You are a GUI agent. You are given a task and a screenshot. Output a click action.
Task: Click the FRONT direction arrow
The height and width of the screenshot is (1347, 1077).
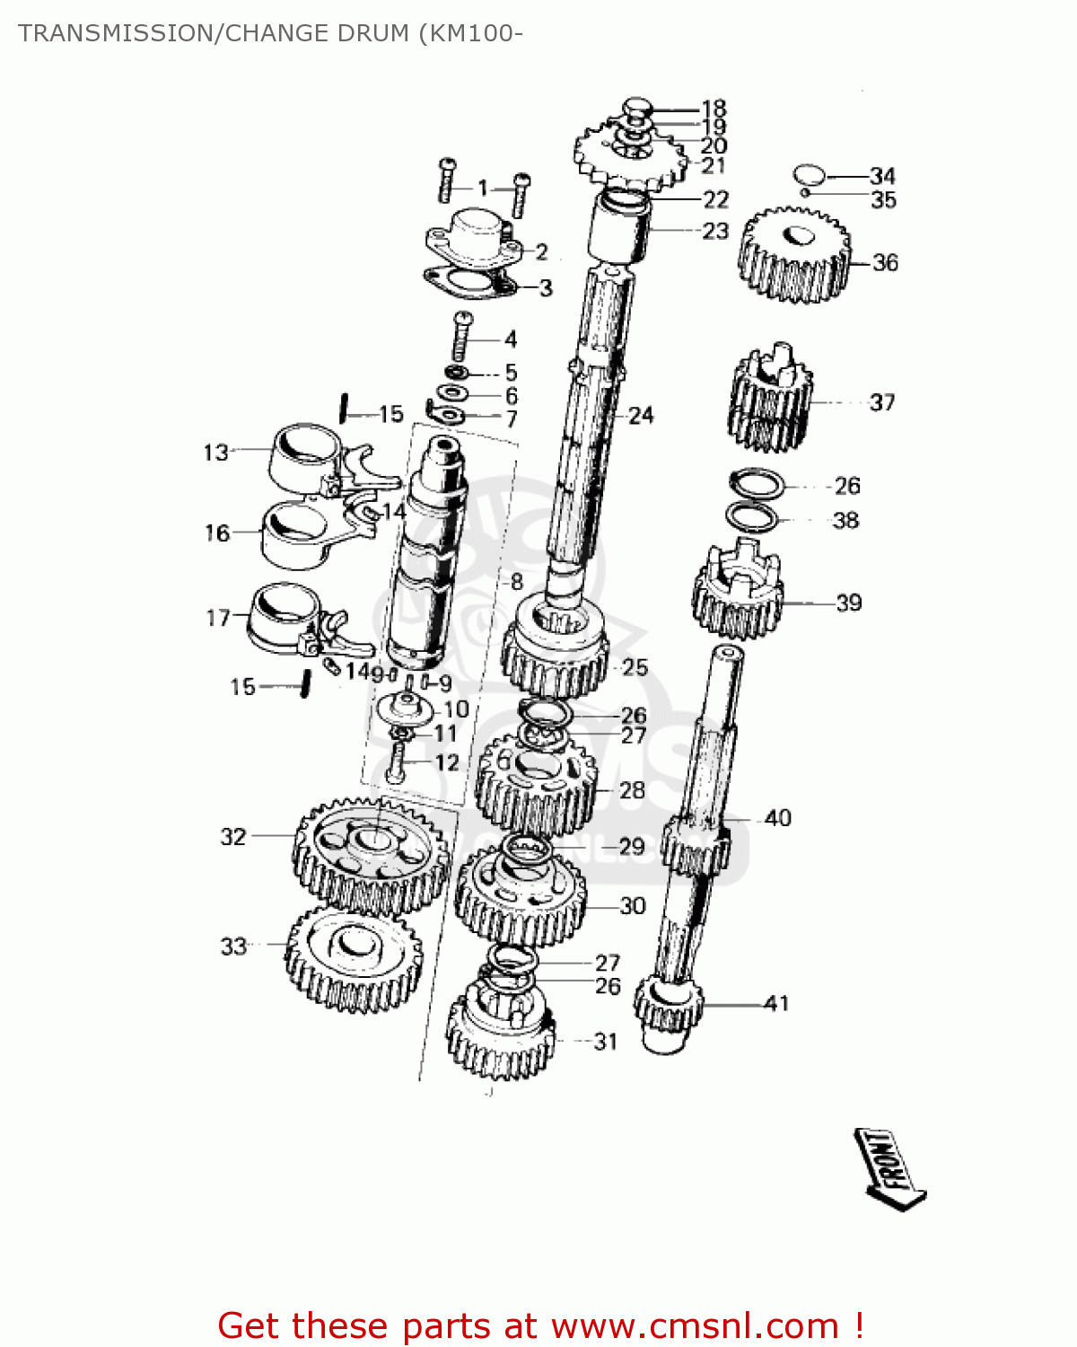click(889, 1169)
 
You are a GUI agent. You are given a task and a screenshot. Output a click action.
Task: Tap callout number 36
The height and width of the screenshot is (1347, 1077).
click(885, 262)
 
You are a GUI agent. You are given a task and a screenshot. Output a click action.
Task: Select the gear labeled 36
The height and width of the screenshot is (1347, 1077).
click(793, 255)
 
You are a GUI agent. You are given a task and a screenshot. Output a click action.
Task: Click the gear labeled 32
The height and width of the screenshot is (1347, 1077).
click(371, 854)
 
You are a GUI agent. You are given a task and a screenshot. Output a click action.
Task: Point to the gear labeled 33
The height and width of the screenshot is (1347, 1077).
click(354, 958)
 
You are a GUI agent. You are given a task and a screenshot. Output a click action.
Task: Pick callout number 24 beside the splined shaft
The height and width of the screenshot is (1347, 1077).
click(641, 415)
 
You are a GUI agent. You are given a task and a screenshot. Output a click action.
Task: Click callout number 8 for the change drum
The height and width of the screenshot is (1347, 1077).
click(515, 581)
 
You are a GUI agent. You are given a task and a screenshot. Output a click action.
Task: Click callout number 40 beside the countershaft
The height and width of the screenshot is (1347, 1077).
click(777, 817)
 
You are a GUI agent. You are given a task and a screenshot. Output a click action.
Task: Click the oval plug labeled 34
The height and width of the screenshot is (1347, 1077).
click(808, 174)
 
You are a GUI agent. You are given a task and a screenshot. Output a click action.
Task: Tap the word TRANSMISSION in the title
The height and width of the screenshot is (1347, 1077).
click(111, 33)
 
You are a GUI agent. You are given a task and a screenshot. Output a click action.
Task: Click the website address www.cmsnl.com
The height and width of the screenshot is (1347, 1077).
click(695, 1325)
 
